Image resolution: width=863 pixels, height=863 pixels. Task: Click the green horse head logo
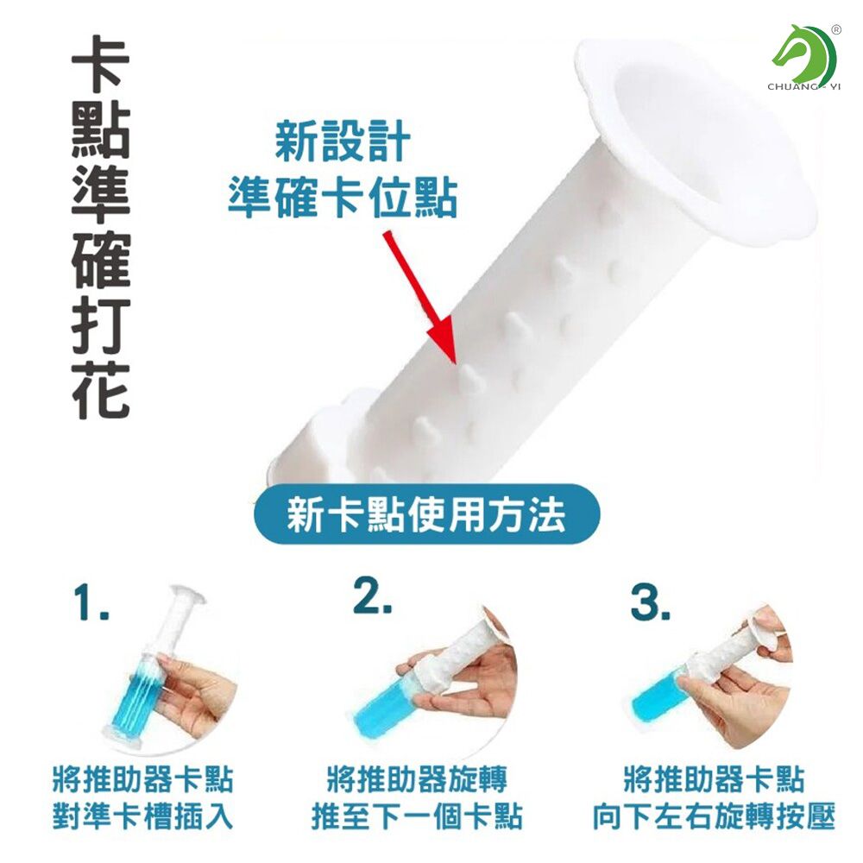(x=804, y=54)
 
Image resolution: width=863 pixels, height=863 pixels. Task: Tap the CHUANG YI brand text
(x=804, y=87)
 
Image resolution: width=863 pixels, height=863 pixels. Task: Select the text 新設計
(x=343, y=142)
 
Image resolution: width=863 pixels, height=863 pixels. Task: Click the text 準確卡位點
(x=343, y=198)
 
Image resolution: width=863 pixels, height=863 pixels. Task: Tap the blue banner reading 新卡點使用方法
(x=426, y=514)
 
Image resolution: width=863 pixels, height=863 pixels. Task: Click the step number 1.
(x=91, y=603)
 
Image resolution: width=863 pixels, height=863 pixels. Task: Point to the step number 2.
(x=373, y=595)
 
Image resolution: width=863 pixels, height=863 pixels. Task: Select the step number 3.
(x=650, y=603)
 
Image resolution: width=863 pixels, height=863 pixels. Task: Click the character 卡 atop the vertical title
(x=101, y=64)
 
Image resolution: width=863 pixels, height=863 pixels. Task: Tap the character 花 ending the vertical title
(x=101, y=391)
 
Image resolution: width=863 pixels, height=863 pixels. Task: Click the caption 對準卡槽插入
(x=142, y=816)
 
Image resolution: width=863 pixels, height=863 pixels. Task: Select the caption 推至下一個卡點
(x=417, y=816)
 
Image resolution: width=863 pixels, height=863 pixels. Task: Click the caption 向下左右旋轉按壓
(x=714, y=816)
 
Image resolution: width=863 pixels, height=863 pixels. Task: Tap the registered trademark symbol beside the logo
(x=836, y=30)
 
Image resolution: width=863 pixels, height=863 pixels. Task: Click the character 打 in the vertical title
(x=101, y=326)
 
